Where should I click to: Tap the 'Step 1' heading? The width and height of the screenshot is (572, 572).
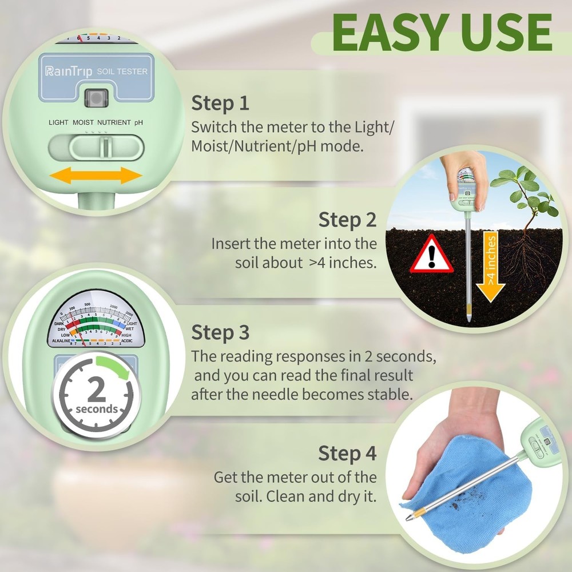(220, 104)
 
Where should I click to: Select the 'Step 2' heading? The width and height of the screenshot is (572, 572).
(348, 219)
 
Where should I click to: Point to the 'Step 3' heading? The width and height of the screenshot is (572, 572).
(220, 332)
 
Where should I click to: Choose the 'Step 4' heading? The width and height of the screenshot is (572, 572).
(348, 454)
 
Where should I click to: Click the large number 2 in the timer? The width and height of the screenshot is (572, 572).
(97, 390)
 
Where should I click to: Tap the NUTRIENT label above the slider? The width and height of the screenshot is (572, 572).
(114, 122)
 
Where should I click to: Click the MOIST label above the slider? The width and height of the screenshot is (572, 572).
(83, 122)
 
